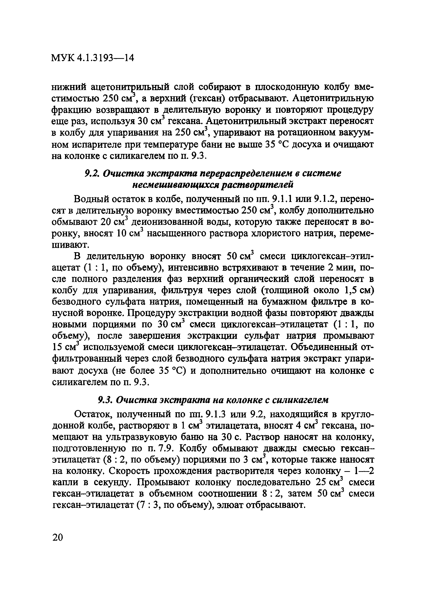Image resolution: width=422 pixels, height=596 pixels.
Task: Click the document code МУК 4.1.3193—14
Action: pyautogui.click(x=93, y=58)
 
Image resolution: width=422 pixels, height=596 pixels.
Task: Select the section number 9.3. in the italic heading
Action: pyautogui.click(x=105, y=400)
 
